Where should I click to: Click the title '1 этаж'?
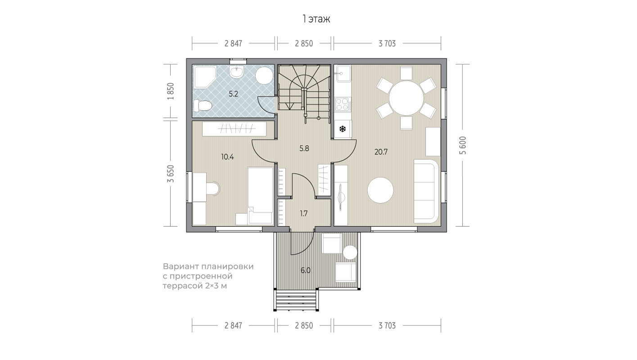point(316,19)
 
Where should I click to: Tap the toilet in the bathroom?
point(202,106)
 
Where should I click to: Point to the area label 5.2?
point(233,94)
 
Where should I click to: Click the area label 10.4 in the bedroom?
point(227,157)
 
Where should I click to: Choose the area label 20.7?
point(381,152)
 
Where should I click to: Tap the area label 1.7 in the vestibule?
point(304,213)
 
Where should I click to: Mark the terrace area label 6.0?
point(305,270)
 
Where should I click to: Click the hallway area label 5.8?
point(304,148)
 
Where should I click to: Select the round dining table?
point(407,98)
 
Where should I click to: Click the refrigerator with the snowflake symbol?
point(343,129)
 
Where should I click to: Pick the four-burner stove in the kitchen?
point(343,104)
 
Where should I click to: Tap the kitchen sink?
point(343,73)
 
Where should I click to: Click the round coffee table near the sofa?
point(380,190)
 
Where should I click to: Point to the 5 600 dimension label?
point(463,145)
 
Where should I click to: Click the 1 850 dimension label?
point(171,91)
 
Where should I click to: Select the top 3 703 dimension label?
point(387,44)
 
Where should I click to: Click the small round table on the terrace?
point(350,252)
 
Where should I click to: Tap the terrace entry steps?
point(296,300)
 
